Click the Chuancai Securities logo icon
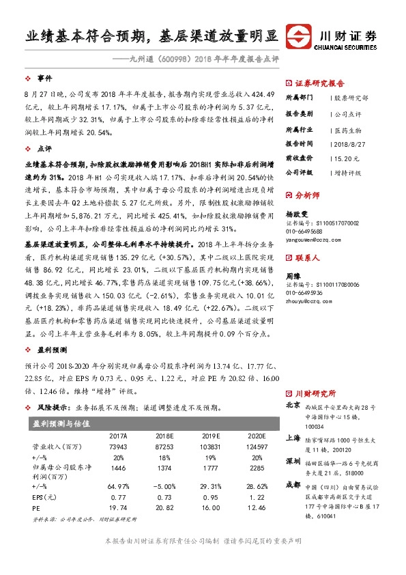click(299, 36)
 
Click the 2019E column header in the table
click(212, 435)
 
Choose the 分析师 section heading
click(308, 195)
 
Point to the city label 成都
click(293, 483)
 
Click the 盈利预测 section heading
click(52, 348)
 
